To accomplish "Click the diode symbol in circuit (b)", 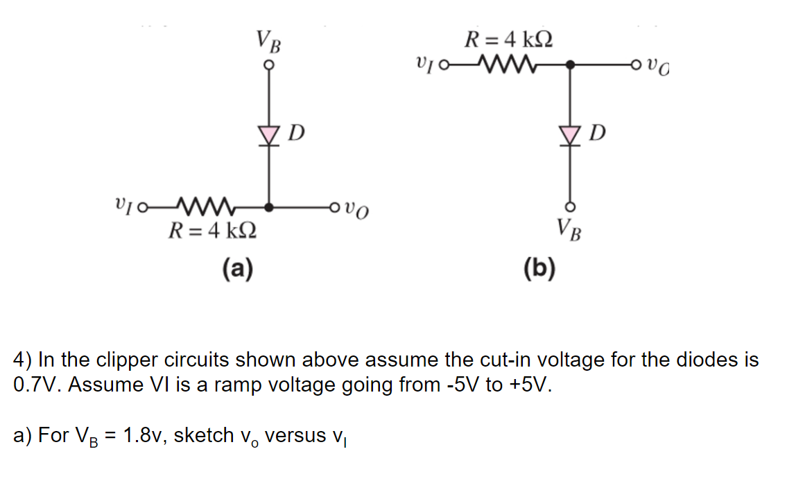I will point(571,132).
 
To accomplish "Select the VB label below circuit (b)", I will point(571,227).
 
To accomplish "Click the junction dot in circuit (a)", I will point(269,207).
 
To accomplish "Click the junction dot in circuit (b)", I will point(571,66).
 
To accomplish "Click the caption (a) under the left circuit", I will point(237,267).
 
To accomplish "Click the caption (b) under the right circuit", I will point(540,267).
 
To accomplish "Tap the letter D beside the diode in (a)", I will point(296,131).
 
